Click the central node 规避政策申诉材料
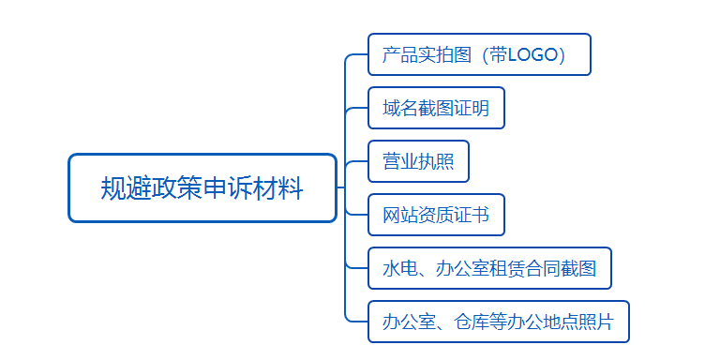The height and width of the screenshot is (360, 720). tap(202, 187)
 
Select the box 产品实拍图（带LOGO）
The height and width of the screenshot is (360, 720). tap(479, 54)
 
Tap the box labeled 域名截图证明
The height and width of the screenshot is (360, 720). tap(436, 108)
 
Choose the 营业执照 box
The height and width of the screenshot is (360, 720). tap(418, 161)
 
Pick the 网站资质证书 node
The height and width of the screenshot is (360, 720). tap(436, 215)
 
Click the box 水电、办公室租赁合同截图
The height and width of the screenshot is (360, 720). tap(489, 268)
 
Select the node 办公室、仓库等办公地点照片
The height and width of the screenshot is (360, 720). tap(498, 322)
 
